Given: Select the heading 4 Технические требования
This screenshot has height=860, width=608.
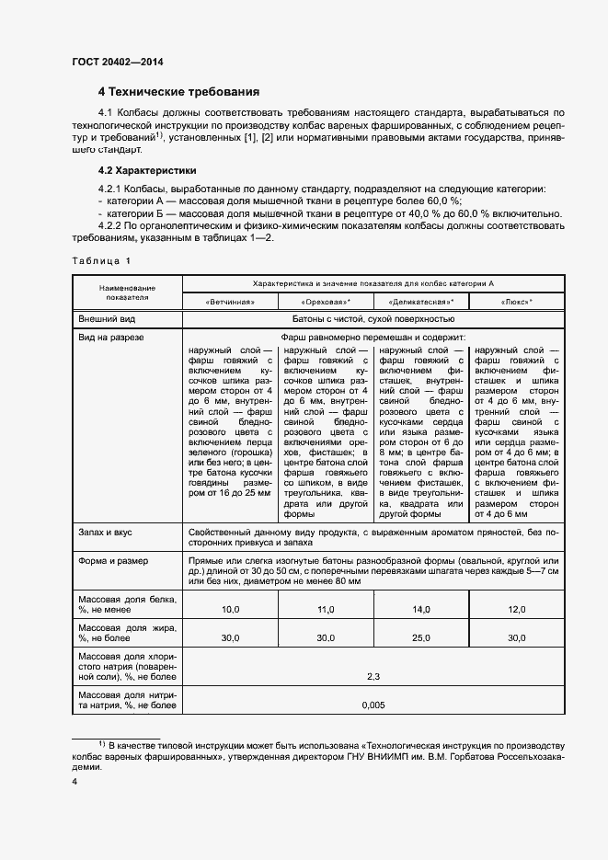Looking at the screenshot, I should point(178,92).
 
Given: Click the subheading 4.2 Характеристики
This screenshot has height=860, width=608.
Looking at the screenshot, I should point(146,170).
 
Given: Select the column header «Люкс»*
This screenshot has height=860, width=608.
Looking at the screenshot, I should point(517,301).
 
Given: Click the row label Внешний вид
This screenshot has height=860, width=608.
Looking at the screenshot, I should point(108,318).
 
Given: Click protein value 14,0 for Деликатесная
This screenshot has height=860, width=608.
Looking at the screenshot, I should point(421,610).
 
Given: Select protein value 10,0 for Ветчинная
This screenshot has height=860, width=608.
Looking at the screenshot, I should point(230,610).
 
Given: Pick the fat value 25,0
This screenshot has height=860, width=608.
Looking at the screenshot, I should point(421,637).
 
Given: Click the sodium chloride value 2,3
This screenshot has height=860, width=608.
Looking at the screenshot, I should point(373,676).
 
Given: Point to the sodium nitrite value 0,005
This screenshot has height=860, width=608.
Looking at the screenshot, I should point(373,705).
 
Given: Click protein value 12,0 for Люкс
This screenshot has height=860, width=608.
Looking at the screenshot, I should point(517,610).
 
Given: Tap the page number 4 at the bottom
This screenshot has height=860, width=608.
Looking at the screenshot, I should point(75,781).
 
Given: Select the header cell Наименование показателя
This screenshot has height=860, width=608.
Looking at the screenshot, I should point(127,292).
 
